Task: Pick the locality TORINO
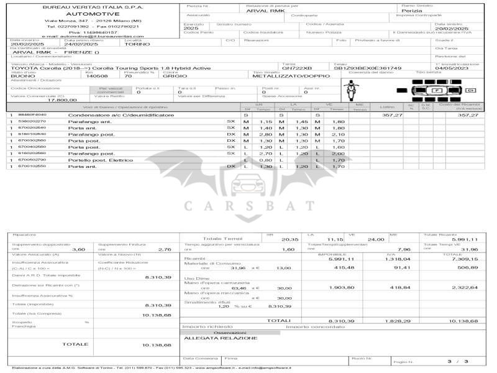137,44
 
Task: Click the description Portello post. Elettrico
101,160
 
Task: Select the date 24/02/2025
81,44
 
